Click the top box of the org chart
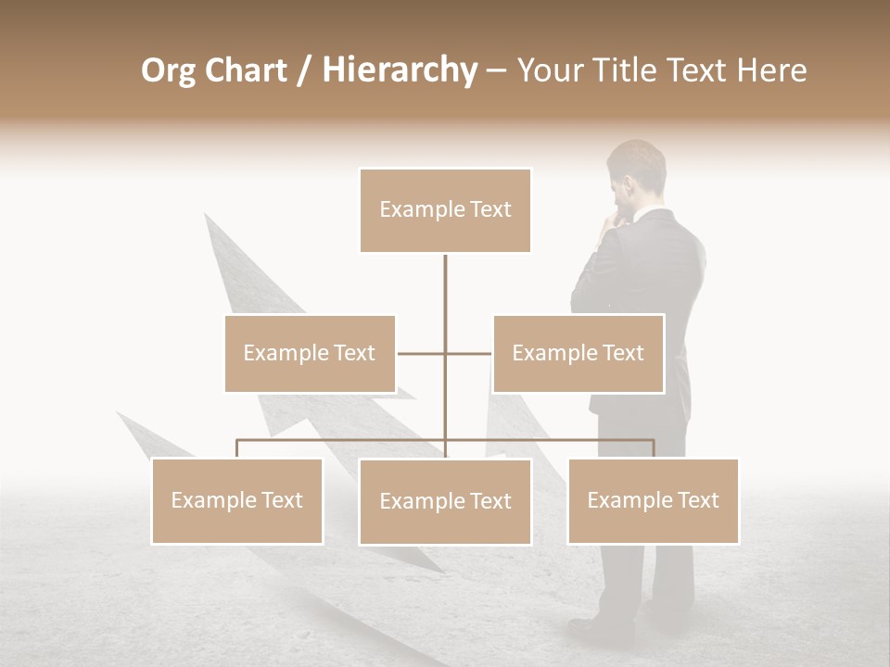[445, 210]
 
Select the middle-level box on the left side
[310, 353]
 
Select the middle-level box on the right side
[578, 353]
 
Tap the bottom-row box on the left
[236, 500]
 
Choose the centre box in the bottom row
[445, 501]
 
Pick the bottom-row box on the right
[653, 500]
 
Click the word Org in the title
[168, 70]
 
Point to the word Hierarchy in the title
[399, 70]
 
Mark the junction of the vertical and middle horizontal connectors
[445, 353]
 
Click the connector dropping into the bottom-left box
[236, 448]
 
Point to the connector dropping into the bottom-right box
[654, 448]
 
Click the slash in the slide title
[304, 71]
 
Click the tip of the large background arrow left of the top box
[208, 218]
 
